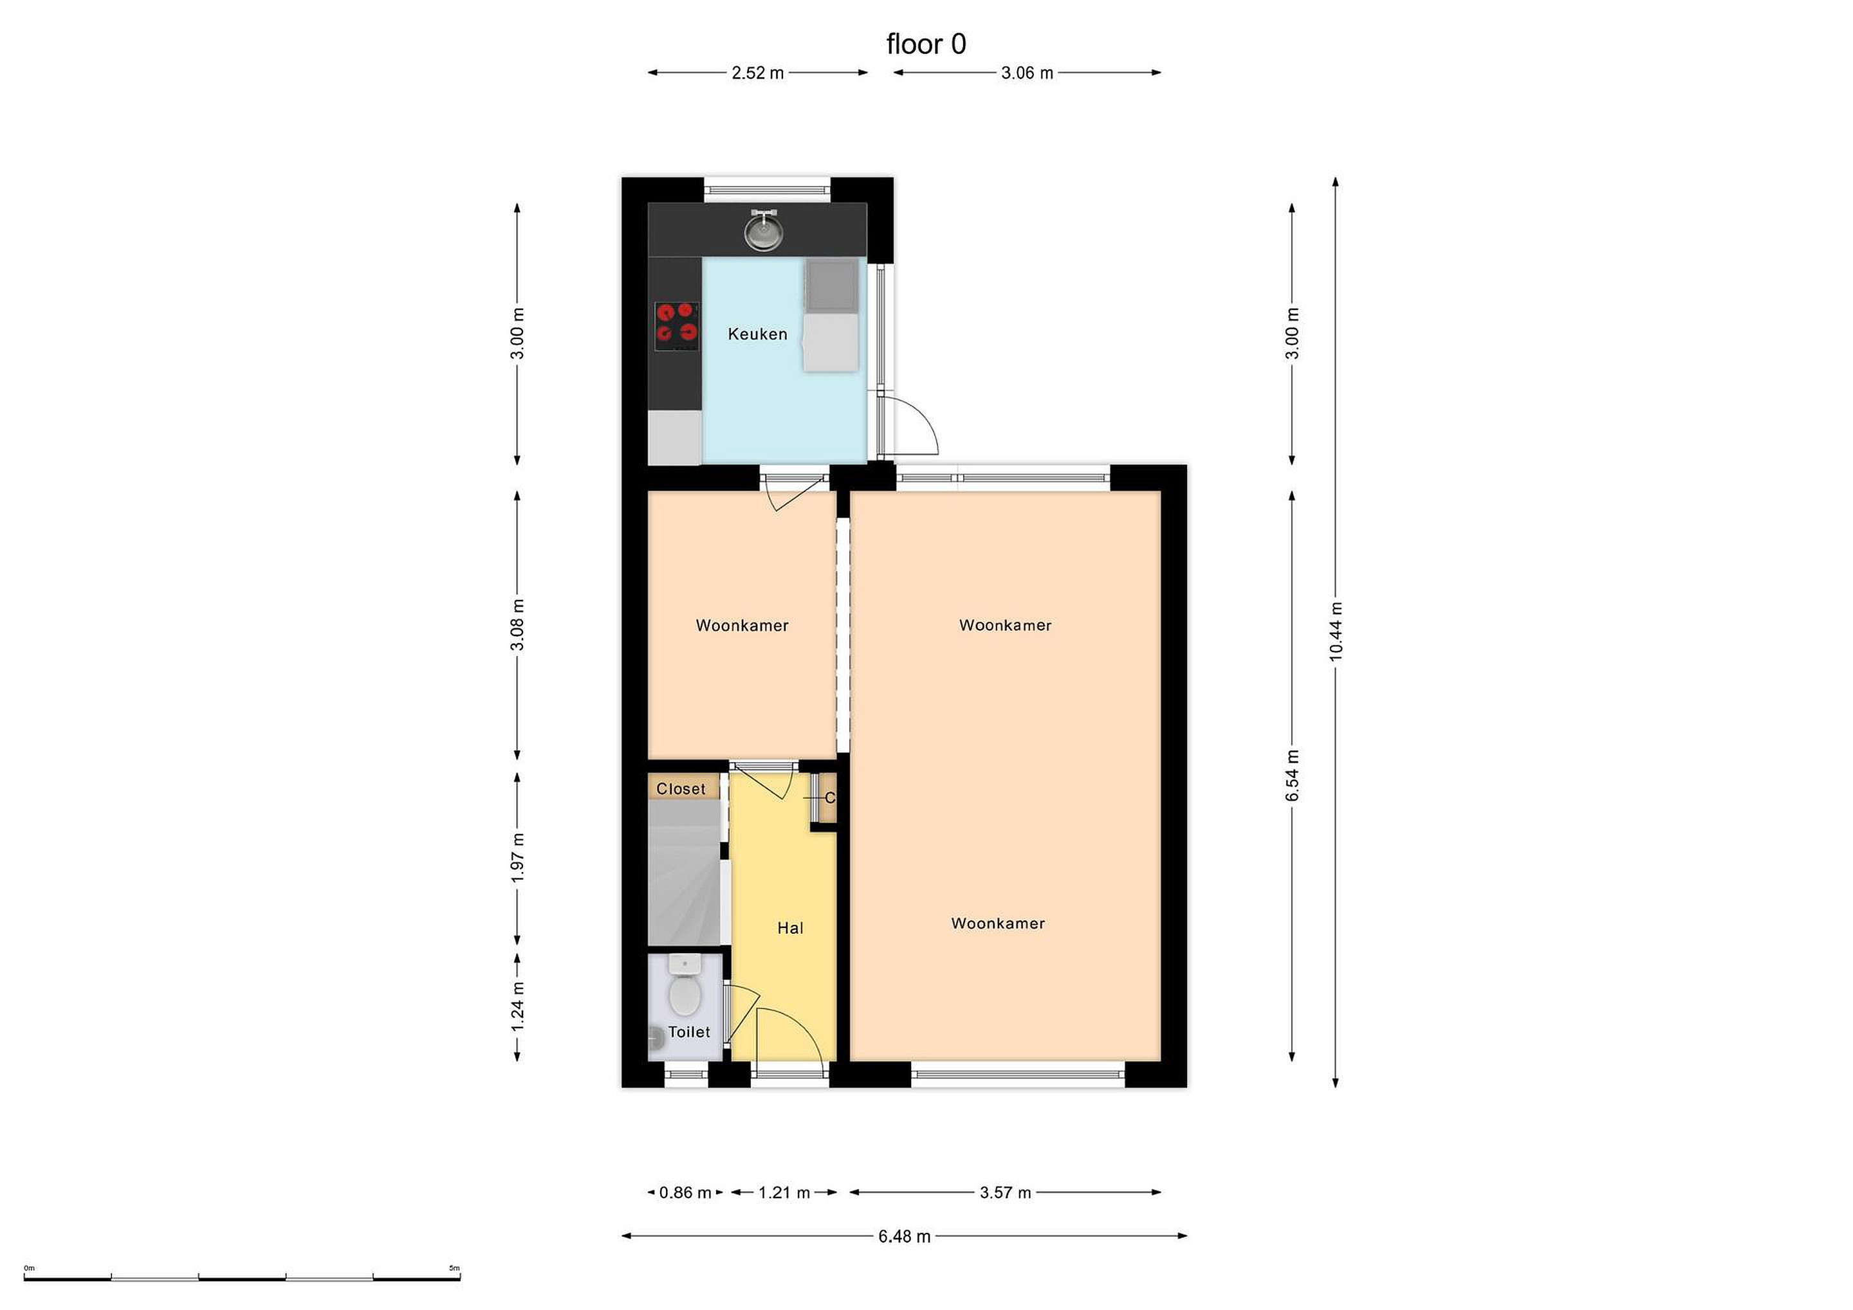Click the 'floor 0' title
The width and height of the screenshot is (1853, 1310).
926,44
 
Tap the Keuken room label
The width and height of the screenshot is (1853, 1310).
757,334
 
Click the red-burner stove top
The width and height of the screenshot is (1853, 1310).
676,326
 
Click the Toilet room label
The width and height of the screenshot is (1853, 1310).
689,1032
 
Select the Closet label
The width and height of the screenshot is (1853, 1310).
680,789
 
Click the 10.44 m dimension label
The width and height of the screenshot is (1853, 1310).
1336,632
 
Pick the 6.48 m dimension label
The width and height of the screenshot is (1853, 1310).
905,1236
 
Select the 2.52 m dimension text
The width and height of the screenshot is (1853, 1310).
758,73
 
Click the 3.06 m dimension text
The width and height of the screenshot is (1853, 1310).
1028,73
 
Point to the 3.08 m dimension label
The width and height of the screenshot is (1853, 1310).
517,625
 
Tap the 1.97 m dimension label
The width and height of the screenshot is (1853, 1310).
517,857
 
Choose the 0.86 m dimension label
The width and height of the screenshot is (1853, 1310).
685,1192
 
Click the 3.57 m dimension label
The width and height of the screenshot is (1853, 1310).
1006,1192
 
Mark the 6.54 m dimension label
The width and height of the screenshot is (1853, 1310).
1292,775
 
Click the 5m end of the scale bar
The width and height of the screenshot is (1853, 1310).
460,1278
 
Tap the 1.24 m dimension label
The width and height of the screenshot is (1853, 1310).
517,1005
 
